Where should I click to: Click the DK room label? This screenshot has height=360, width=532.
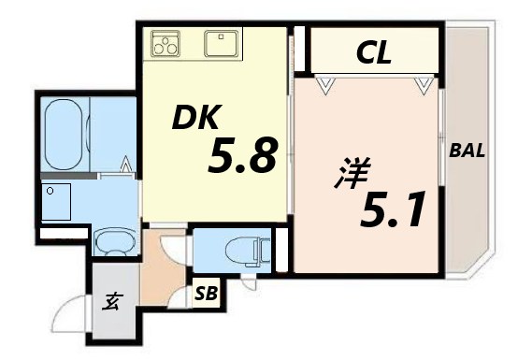click(x=196, y=119)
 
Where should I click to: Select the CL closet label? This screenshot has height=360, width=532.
click(x=372, y=53)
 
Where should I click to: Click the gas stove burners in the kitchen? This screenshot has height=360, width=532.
click(x=166, y=43)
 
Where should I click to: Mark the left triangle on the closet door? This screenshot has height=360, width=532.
click(x=326, y=86)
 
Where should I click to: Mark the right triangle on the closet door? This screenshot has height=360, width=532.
click(x=425, y=86)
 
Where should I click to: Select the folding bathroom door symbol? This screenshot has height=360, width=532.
click(x=126, y=169)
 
